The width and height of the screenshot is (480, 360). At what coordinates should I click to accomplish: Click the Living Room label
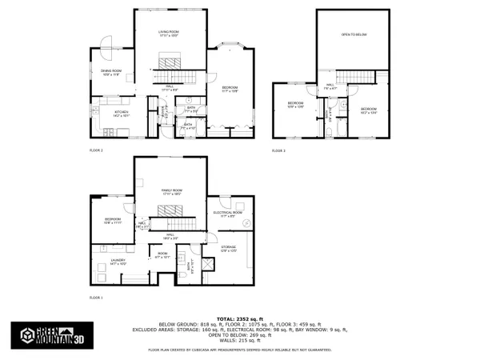click(167, 33)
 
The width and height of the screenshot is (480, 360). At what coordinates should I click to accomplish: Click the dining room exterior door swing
click(104, 47)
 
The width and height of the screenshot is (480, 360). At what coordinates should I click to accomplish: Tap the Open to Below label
click(353, 35)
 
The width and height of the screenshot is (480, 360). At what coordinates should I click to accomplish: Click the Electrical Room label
click(228, 214)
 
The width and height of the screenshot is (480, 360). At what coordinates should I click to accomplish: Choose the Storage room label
click(229, 249)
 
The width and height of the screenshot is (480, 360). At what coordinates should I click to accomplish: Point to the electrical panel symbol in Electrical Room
click(247, 222)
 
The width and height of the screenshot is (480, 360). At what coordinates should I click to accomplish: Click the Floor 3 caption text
click(278, 150)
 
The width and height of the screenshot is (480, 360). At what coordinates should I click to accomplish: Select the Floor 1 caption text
click(96, 296)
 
